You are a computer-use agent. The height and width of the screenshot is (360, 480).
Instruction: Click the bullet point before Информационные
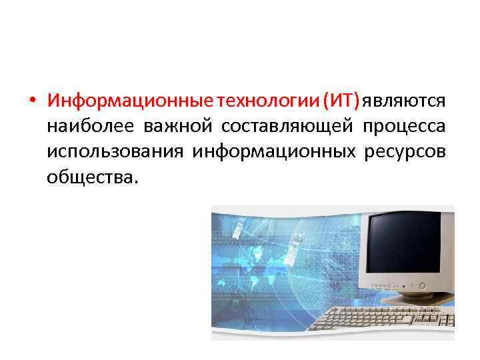(32, 101)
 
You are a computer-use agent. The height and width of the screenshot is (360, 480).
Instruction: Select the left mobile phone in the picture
(238, 230)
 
